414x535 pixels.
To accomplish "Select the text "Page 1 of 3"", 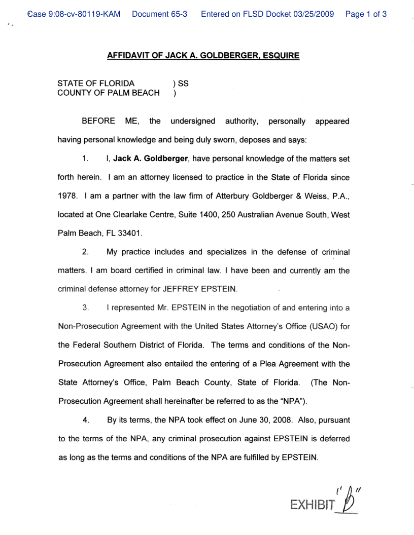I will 366,14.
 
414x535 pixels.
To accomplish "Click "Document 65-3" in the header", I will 159,14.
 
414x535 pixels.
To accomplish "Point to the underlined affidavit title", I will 203,56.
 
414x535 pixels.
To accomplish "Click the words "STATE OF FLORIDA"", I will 96,83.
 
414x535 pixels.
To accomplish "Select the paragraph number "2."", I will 86,252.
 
